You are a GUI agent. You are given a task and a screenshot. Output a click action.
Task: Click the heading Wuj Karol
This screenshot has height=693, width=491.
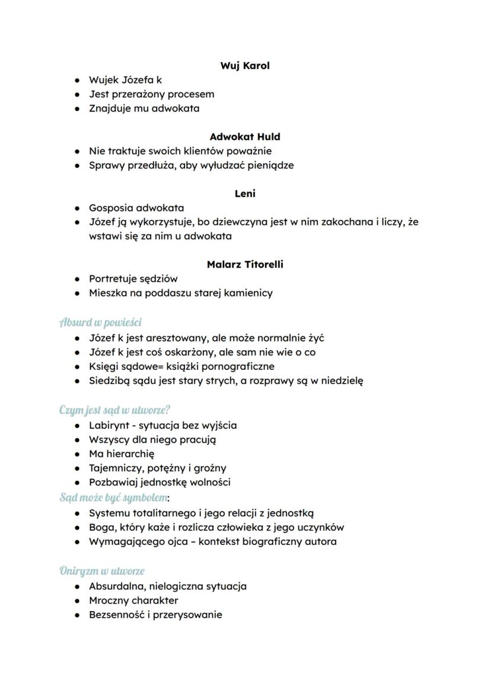coord(245,66)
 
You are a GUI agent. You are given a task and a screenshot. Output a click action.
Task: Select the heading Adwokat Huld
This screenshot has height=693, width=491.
coord(245,137)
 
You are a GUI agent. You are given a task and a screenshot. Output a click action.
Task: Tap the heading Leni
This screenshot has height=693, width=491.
coord(245,194)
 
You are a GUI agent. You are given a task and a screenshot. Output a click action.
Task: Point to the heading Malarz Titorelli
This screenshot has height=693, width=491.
coord(245,264)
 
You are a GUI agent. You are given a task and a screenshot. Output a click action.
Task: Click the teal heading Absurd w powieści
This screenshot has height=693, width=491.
coord(100,322)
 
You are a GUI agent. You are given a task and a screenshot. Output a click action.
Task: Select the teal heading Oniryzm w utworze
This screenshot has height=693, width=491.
coord(102,571)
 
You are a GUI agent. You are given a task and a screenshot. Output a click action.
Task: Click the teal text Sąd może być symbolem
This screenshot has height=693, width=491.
coord(113,497)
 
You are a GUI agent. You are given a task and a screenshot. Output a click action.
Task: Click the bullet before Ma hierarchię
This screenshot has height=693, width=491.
coord(77,454)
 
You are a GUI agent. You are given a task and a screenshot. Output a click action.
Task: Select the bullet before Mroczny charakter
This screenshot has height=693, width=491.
coord(77,601)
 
